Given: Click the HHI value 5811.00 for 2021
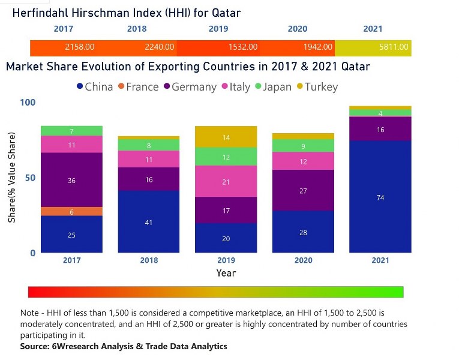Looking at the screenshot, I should [394, 47].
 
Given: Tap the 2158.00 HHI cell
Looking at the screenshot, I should [80, 47].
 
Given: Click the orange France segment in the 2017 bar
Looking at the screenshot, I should [72, 211].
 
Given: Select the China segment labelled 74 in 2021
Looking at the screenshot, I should [380, 197].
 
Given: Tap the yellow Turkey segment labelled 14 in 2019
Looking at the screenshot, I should [226, 137].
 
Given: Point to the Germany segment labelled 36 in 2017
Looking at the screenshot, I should [72, 180].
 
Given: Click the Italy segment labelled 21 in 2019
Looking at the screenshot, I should [226, 181].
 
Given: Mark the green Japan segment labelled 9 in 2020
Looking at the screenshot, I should [303, 145].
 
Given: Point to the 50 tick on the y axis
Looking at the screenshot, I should [29, 178].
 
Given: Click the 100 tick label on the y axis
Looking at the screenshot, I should [28, 103].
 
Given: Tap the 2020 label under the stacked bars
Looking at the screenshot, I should [303, 260].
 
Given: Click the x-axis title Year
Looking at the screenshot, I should [226, 273].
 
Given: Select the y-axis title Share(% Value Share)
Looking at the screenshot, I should [13, 178].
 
